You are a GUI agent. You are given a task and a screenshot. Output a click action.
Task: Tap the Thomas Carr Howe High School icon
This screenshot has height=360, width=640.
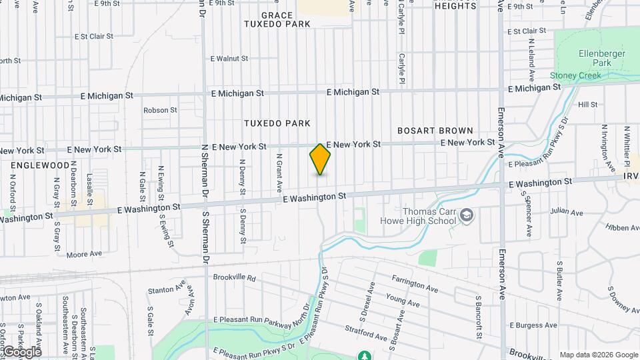tap(467, 215)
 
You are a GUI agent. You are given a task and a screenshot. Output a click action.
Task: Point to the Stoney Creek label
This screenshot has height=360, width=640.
tap(575, 76)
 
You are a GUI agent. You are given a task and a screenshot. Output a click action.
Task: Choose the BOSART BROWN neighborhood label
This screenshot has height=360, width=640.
tap(435, 131)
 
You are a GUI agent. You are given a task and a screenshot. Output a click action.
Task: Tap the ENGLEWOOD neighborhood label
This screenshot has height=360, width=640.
tap(39, 165)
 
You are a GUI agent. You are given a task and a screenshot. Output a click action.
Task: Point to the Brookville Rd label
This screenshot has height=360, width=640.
tap(234, 277)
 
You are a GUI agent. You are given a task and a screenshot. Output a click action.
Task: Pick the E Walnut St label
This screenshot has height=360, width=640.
tap(229, 59)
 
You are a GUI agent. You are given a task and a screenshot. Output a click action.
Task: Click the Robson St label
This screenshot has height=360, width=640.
tap(160, 110)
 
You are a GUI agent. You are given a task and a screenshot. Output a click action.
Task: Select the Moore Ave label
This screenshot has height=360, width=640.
tap(84, 254)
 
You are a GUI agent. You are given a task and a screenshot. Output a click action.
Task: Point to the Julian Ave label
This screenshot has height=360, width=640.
tap(567, 212)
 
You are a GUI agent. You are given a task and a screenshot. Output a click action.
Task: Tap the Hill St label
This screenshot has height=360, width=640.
tap(588, 105)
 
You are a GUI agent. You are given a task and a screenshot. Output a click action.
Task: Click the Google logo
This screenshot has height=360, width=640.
tap(21, 352)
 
